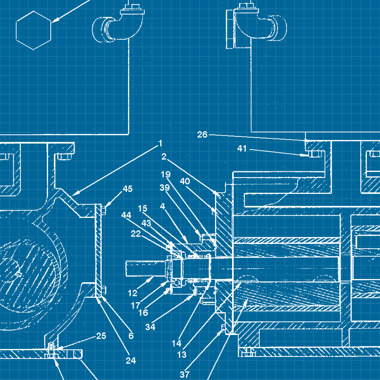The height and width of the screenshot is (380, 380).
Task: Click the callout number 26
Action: coord(202,135)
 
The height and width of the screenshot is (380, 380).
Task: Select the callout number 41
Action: coord(242,149)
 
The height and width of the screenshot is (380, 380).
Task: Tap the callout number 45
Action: coord(127,189)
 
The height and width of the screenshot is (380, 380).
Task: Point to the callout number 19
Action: coord(166,174)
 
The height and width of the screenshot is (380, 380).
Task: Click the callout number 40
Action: coord(185,181)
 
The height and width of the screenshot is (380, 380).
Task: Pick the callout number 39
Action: coord(165,187)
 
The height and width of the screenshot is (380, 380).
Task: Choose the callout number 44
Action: coord(126,215)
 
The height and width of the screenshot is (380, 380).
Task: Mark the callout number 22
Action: coord(136,234)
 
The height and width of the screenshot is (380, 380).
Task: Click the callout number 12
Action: coord(132,293)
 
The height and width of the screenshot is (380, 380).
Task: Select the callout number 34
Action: coord(150,327)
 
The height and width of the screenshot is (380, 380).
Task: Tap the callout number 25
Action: coord(101,336)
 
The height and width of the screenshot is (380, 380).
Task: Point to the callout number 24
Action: coord(131,361)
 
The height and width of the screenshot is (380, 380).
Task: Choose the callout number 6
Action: coord(131,336)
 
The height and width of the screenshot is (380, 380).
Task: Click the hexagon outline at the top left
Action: coord(34,30)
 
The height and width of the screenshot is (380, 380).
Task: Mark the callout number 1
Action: coord(160,143)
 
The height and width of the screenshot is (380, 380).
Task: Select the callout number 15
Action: coord(142,208)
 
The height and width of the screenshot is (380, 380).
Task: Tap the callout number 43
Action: coord(146,223)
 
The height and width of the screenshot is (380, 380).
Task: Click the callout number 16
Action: coord(143,313)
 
